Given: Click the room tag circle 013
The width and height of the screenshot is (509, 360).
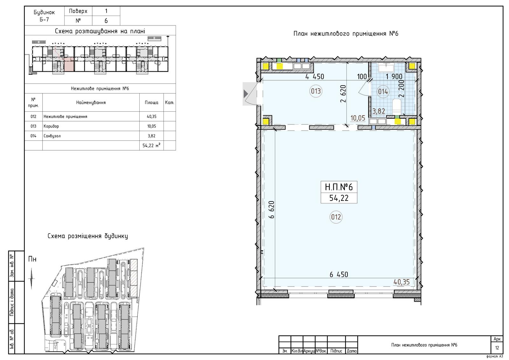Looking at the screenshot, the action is (316, 91).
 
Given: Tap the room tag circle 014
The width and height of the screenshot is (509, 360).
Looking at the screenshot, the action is (383, 92).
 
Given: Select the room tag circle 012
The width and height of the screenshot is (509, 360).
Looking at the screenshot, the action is (336, 217).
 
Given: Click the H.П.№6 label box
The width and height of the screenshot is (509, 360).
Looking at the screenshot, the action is (339, 192).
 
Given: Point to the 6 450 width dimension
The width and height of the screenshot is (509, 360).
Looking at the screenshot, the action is (338, 274).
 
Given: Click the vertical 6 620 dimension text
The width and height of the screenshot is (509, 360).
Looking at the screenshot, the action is (271, 209).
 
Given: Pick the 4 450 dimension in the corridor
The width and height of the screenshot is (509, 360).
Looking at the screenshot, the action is (315, 77).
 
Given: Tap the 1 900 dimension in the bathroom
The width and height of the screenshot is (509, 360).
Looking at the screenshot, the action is (394, 77).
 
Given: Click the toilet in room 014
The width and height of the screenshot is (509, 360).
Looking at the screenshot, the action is (396, 107).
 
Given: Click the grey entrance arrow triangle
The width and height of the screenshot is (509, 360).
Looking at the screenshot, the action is (246, 94).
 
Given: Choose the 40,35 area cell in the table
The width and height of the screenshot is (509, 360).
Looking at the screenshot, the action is (151, 116).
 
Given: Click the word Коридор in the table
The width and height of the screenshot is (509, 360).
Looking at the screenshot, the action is (51, 126).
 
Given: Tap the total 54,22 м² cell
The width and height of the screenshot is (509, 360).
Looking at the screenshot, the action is (151, 145).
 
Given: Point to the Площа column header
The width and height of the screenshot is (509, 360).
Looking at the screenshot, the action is (151, 102).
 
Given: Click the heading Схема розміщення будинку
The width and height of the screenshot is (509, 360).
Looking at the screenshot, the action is (88, 236).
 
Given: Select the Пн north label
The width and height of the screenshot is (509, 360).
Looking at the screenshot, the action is (32, 259).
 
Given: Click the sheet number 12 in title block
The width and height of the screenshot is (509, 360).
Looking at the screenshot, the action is (497, 348).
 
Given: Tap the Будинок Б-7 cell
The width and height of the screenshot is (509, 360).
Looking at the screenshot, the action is (44, 16).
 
